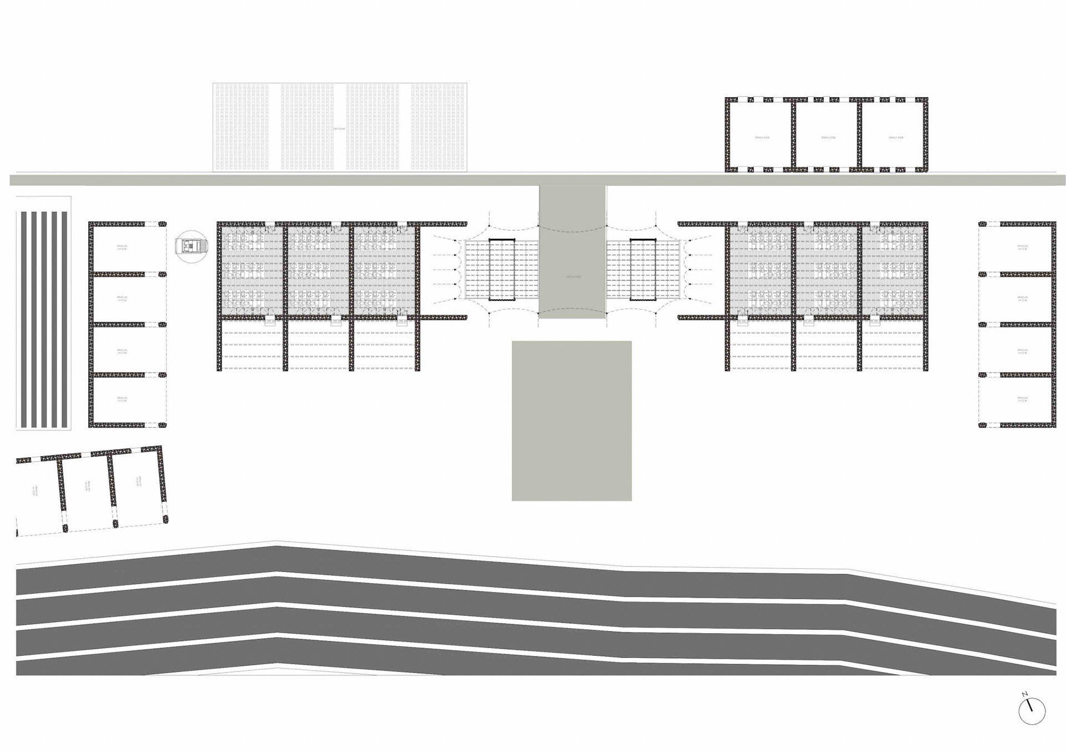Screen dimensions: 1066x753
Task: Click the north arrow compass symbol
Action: pyautogui.click(x=1032, y=711)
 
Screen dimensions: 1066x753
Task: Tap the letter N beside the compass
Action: pyautogui.click(x=1025, y=694)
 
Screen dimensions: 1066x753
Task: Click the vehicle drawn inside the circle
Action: pyautogui.click(x=192, y=246)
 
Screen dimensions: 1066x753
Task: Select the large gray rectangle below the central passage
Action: pyautogui.click(x=571, y=421)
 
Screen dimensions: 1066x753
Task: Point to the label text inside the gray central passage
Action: pyautogui.click(x=572, y=276)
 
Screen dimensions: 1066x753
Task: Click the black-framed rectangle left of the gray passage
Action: pyautogui.click(x=502, y=270)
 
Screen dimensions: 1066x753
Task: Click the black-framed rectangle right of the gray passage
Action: pyautogui.click(x=642, y=270)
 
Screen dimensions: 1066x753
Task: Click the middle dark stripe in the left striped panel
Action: pyautogui.click(x=44, y=319)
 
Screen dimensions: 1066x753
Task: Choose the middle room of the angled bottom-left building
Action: pyautogui.click(x=87, y=489)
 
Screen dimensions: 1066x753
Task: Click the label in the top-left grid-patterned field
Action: pyautogui.click(x=339, y=129)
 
